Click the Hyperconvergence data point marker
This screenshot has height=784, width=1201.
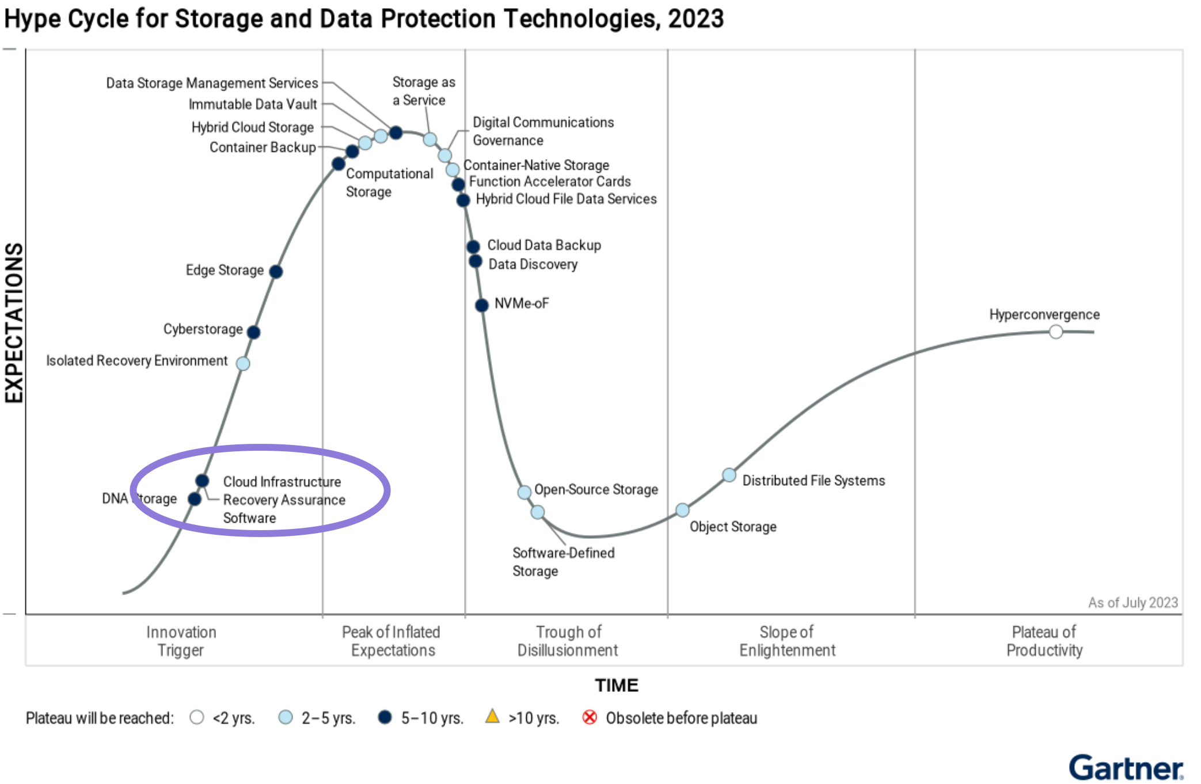tap(1055, 332)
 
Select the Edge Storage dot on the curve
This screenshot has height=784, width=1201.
tap(276, 271)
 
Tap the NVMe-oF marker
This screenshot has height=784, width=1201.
tap(482, 305)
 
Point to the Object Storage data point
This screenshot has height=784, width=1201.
tap(682, 510)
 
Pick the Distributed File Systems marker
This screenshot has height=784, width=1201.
tap(729, 475)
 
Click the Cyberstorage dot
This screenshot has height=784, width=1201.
tap(253, 332)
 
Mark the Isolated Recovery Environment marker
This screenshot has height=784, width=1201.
tap(243, 364)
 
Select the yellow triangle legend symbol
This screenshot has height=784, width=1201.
tap(492, 717)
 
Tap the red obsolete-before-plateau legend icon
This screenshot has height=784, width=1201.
tap(590, 717)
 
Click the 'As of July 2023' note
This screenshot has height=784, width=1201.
tap(1132, 603)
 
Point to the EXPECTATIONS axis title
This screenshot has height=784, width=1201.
tap(14, 322)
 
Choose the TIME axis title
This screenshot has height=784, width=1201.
tap(617, 685)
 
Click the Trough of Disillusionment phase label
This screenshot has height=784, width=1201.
tap(568, 641)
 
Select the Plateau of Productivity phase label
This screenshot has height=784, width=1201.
tap(1044, 641)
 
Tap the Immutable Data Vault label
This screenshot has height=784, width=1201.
tap(253, 104)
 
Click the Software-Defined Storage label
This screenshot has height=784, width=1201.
tap(563, 562)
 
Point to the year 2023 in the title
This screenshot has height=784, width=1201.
tap(695, 18)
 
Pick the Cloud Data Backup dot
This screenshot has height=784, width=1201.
tap(473, 247)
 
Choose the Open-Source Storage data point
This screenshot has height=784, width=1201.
tap(524, 492)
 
